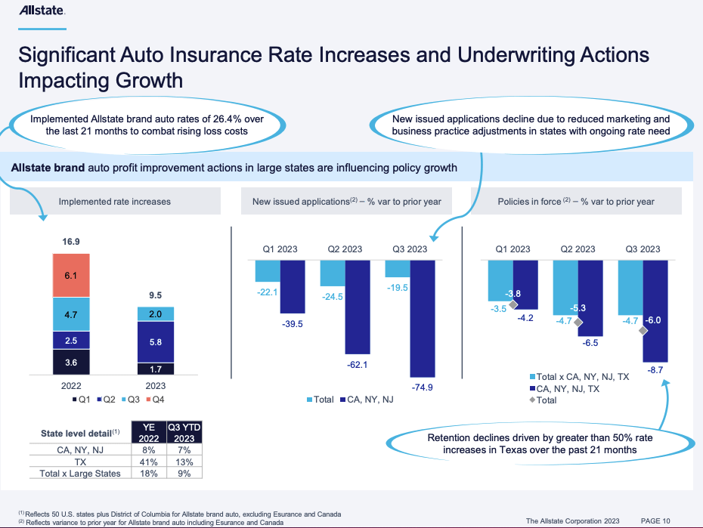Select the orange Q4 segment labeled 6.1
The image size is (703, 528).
click(x=70, y=276)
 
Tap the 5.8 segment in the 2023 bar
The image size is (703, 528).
click(x=155, y=342)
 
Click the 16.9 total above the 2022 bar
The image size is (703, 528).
click(x=70, y=242)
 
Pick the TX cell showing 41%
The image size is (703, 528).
click(x=150, y=462)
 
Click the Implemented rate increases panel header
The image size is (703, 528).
click(x=115, y=202)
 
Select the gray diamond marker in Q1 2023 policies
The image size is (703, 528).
click(x=513, y=304)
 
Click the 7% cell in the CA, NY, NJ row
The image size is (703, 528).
click(x=184, y=451)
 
